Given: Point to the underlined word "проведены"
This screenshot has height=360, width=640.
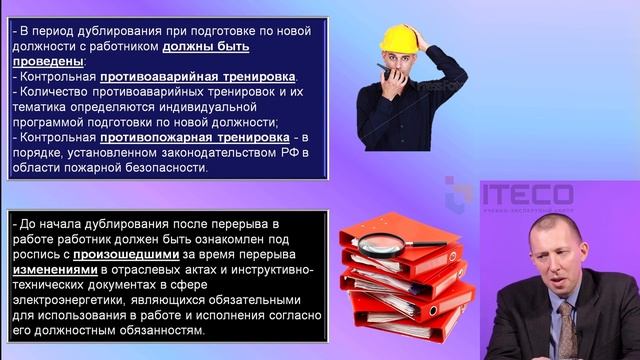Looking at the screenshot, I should coord(46,61).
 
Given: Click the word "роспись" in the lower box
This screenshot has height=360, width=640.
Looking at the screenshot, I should coord(40,254).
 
